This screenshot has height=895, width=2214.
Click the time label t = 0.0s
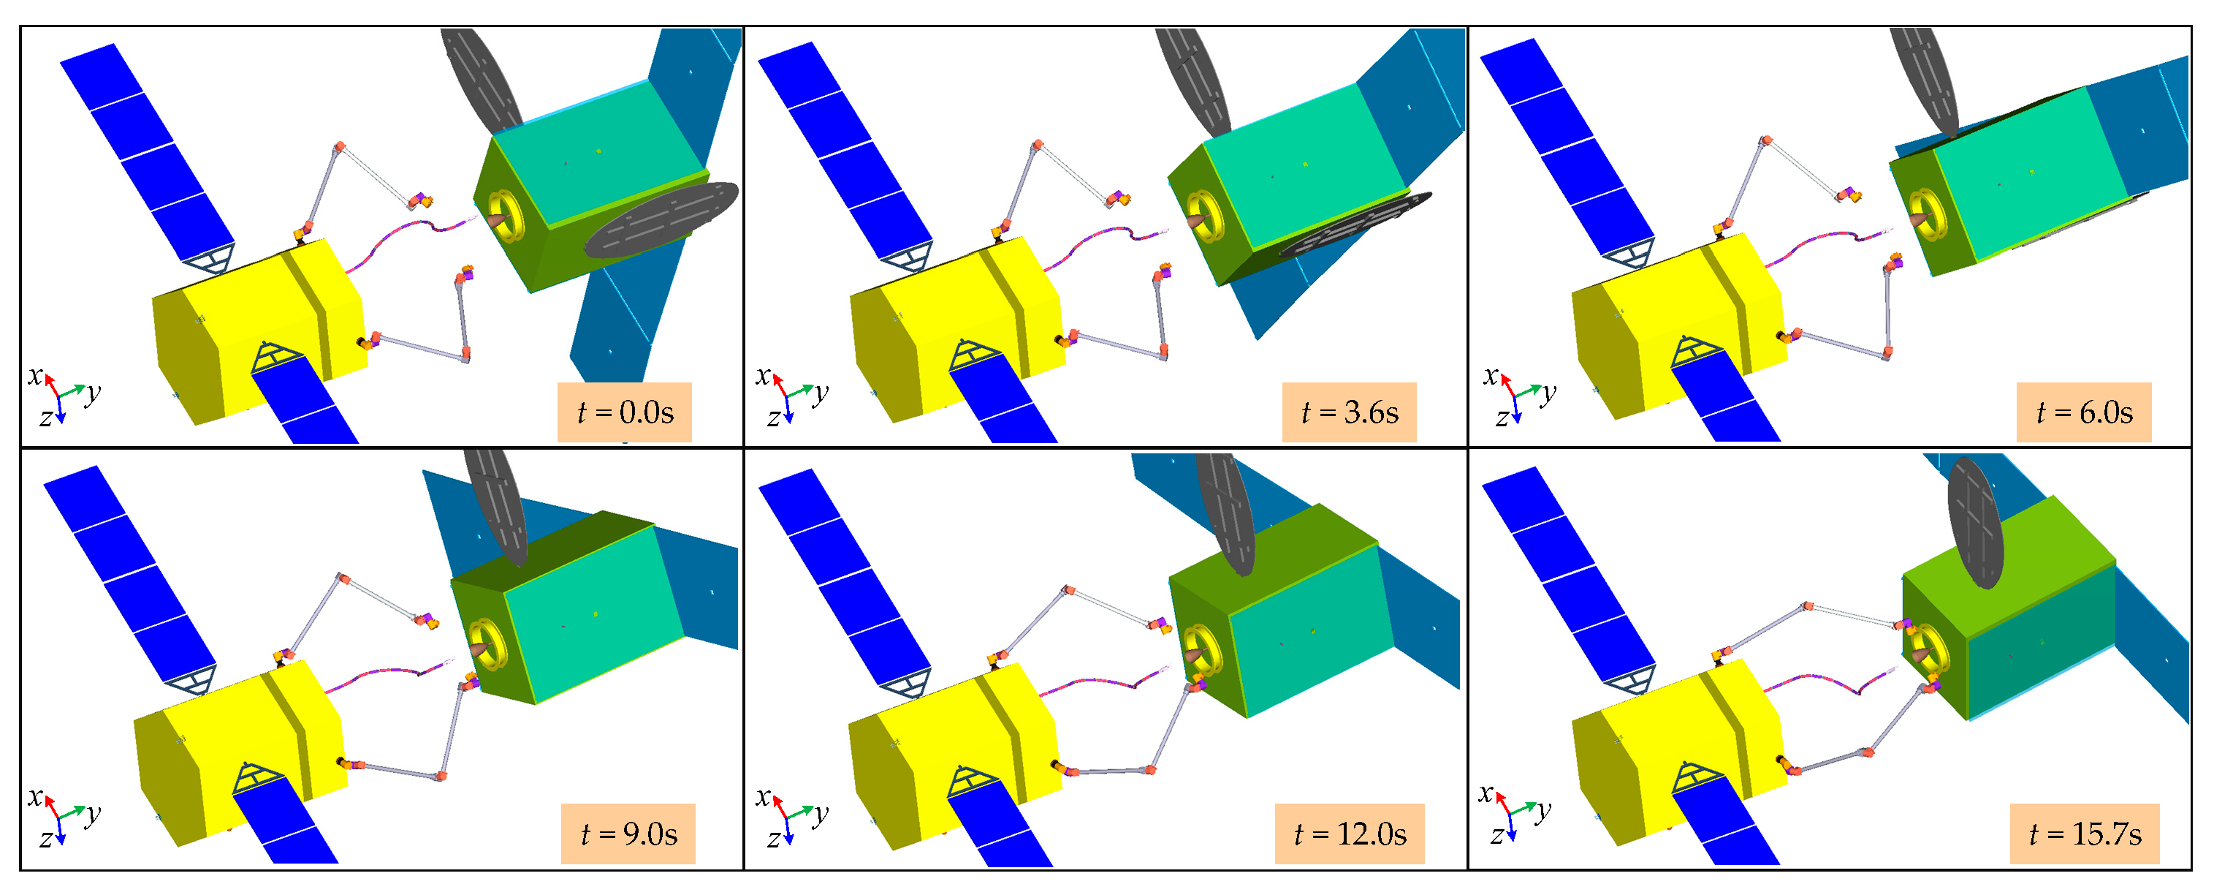tap(624, 412)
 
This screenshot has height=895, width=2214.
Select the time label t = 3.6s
tap(1349, 412)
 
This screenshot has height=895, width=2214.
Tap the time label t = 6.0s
tap(2083, 412)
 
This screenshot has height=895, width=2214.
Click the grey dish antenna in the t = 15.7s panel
tap(1974, 523)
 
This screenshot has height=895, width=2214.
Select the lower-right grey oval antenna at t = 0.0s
tap(662, 219)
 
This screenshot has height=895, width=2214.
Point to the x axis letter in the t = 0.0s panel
tap(35, 375)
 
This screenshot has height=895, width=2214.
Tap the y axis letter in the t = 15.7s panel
tap(1545, 809)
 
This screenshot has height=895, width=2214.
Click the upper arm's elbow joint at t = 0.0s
tap(341, 147)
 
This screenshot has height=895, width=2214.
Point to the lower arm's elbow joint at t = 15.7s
tap(1867, 752)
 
